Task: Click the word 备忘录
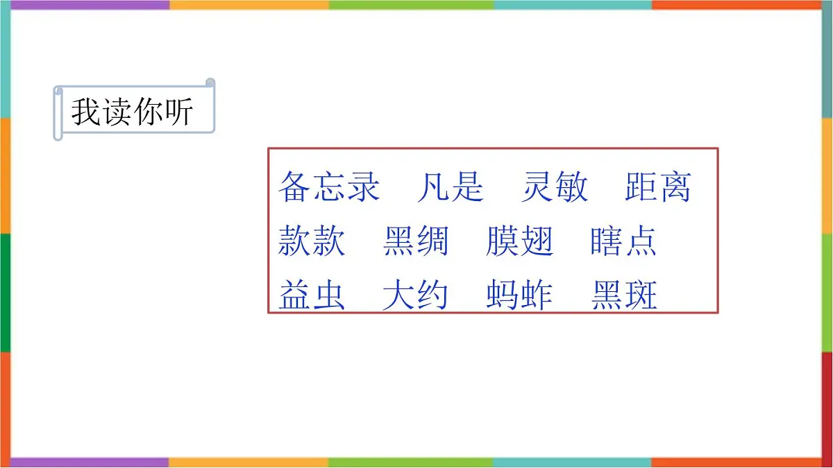[x=329, y=187]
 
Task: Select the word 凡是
[x=450, y=187]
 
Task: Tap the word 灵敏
[x=554, y=187]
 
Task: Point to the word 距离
[x=657, y=187]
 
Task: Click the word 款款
[x=312, y=242]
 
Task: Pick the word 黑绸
[x=415, y=242]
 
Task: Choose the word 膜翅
[x=519, y=242]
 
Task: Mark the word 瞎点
[x=623, y=242]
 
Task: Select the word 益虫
[x=312, y=296]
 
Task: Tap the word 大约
[x=415, y=296]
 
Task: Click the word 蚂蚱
[x=519, y=296]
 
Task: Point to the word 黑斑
[x=623, y=296]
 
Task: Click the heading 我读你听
[x=132, y=112]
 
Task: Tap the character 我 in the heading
[x=86, y=112]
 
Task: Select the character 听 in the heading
[x=178, y=112]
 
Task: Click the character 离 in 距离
[x=675, y=187]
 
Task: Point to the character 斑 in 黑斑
[x=640, y=296]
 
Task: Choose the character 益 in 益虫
[x=295, y=296]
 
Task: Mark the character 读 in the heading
[x=117, y=112]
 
